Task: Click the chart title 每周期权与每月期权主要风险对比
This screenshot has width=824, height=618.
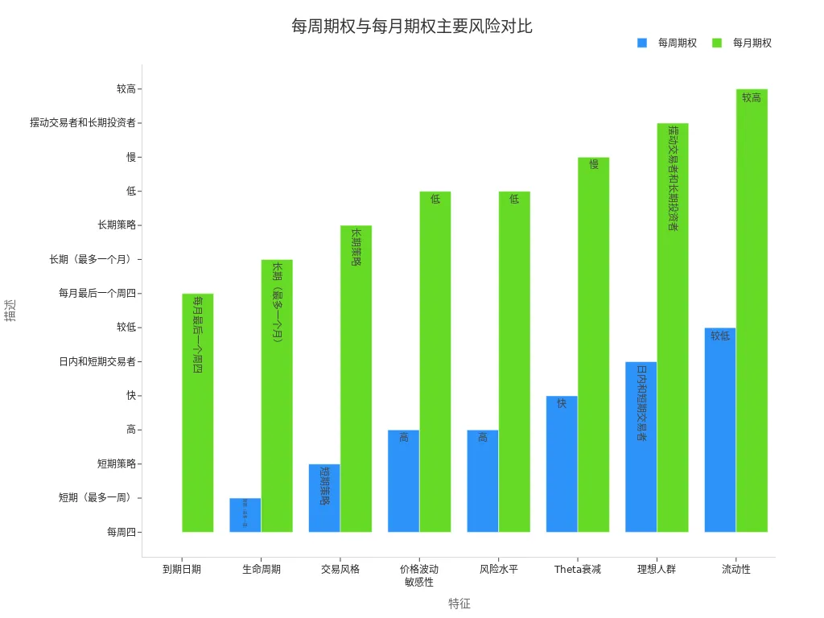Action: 411,27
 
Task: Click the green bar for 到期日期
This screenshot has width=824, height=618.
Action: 198,413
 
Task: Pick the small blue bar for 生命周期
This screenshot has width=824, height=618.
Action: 245,515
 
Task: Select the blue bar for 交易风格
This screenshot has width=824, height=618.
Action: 324,498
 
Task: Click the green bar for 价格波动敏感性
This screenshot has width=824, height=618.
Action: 435,361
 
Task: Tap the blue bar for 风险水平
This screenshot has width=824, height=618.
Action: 483,481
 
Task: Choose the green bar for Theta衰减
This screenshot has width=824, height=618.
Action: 594,344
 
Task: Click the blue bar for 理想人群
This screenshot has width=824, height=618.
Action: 641,447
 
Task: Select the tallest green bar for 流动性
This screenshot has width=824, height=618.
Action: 752,311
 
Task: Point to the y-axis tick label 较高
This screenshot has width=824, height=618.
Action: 126,89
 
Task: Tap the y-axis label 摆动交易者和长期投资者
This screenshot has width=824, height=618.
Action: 83,123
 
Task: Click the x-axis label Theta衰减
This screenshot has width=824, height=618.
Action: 578,569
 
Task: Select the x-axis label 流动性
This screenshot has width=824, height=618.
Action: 736,569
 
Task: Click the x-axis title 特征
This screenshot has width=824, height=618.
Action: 459,604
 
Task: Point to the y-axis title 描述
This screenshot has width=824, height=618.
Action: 10,311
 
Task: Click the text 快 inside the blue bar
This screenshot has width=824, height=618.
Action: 562,403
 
